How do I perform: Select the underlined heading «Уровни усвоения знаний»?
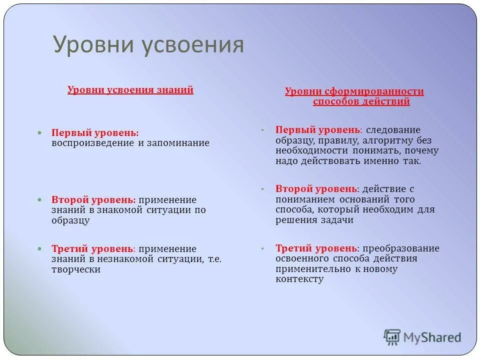click(130, 90)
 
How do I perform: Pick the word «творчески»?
click(76, 269)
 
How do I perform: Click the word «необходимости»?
click(310, 151)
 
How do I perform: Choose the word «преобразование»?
click(401, 248)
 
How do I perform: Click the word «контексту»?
click(299, 279)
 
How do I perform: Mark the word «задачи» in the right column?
click(335, 220)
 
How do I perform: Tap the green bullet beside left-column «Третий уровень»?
click(41, 249)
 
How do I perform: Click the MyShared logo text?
click(433, 337)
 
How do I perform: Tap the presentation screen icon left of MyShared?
click(392, 337)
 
